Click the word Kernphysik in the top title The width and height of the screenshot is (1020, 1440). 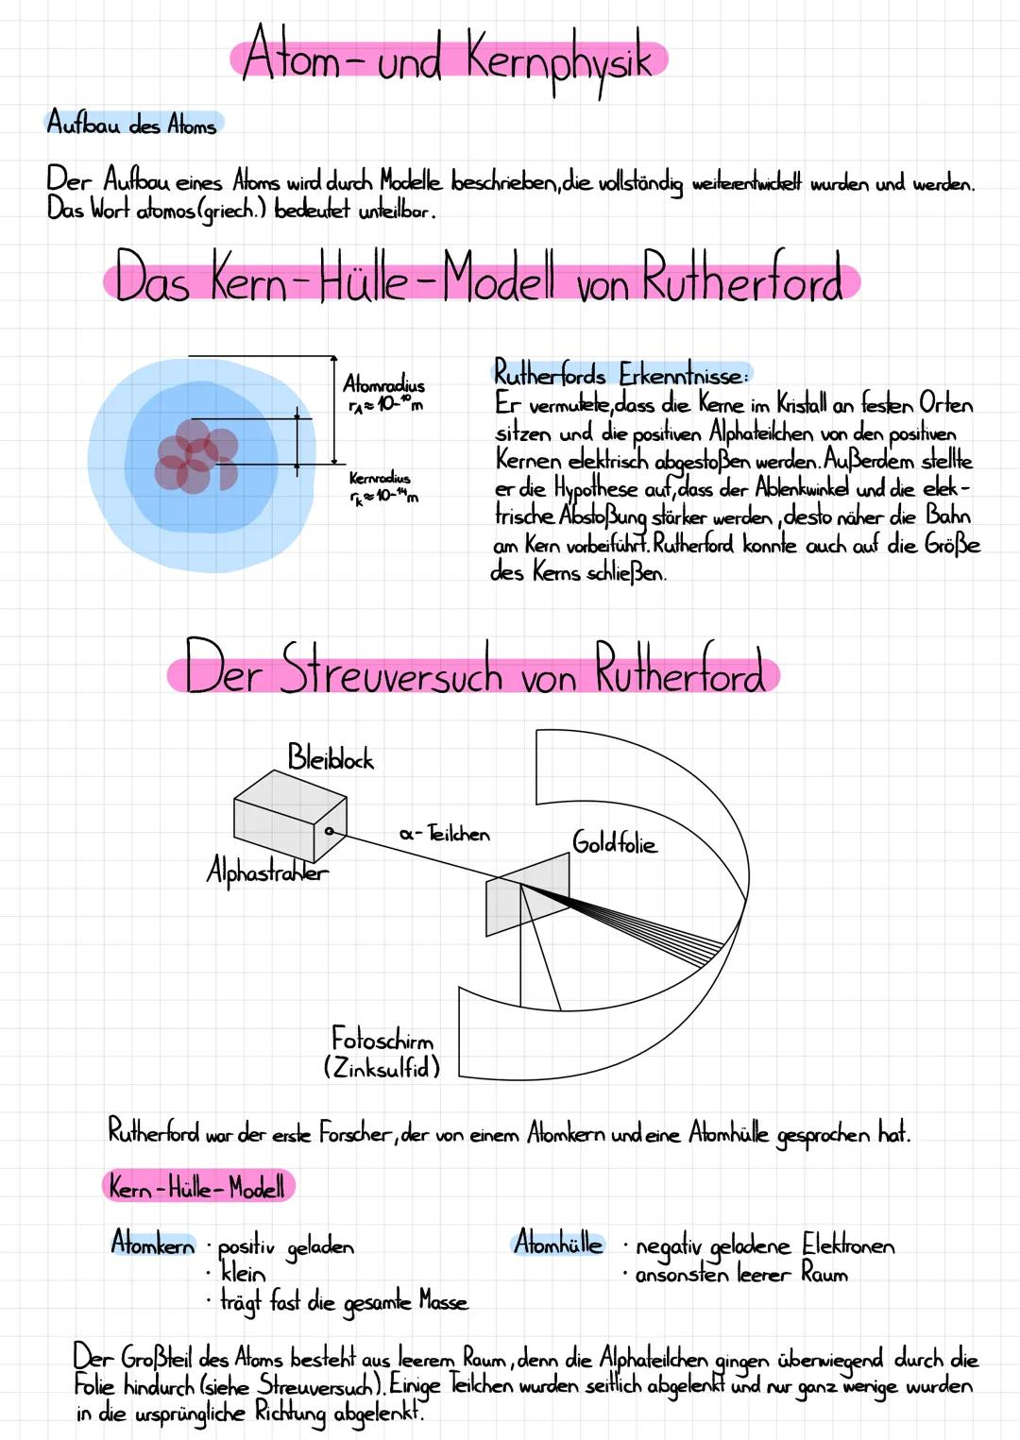[558, 62]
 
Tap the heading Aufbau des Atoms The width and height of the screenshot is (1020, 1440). [132, 122]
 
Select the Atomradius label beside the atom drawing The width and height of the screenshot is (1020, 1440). [384, 384]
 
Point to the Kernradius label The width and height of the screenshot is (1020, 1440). [380, 479]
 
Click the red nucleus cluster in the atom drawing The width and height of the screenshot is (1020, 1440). [196, 456]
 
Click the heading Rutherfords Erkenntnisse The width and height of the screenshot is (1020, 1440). [620, 374]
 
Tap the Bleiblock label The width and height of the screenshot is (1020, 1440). [330, 757]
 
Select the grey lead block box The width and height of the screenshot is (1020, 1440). [290, 816]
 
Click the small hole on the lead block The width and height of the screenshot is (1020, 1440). [330, 831]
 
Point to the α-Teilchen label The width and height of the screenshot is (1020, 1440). [445, 834]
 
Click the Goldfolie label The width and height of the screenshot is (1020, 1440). [615, 841]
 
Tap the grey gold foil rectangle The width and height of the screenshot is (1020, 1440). [527, 893]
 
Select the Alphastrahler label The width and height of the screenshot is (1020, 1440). [267, 871]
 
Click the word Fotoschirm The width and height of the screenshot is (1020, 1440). [382, 1039]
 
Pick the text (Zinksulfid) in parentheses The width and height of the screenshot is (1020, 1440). [382, 1068]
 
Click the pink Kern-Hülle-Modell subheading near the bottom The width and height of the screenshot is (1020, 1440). [196, 1186]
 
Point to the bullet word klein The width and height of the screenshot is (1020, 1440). [243, 1273]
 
